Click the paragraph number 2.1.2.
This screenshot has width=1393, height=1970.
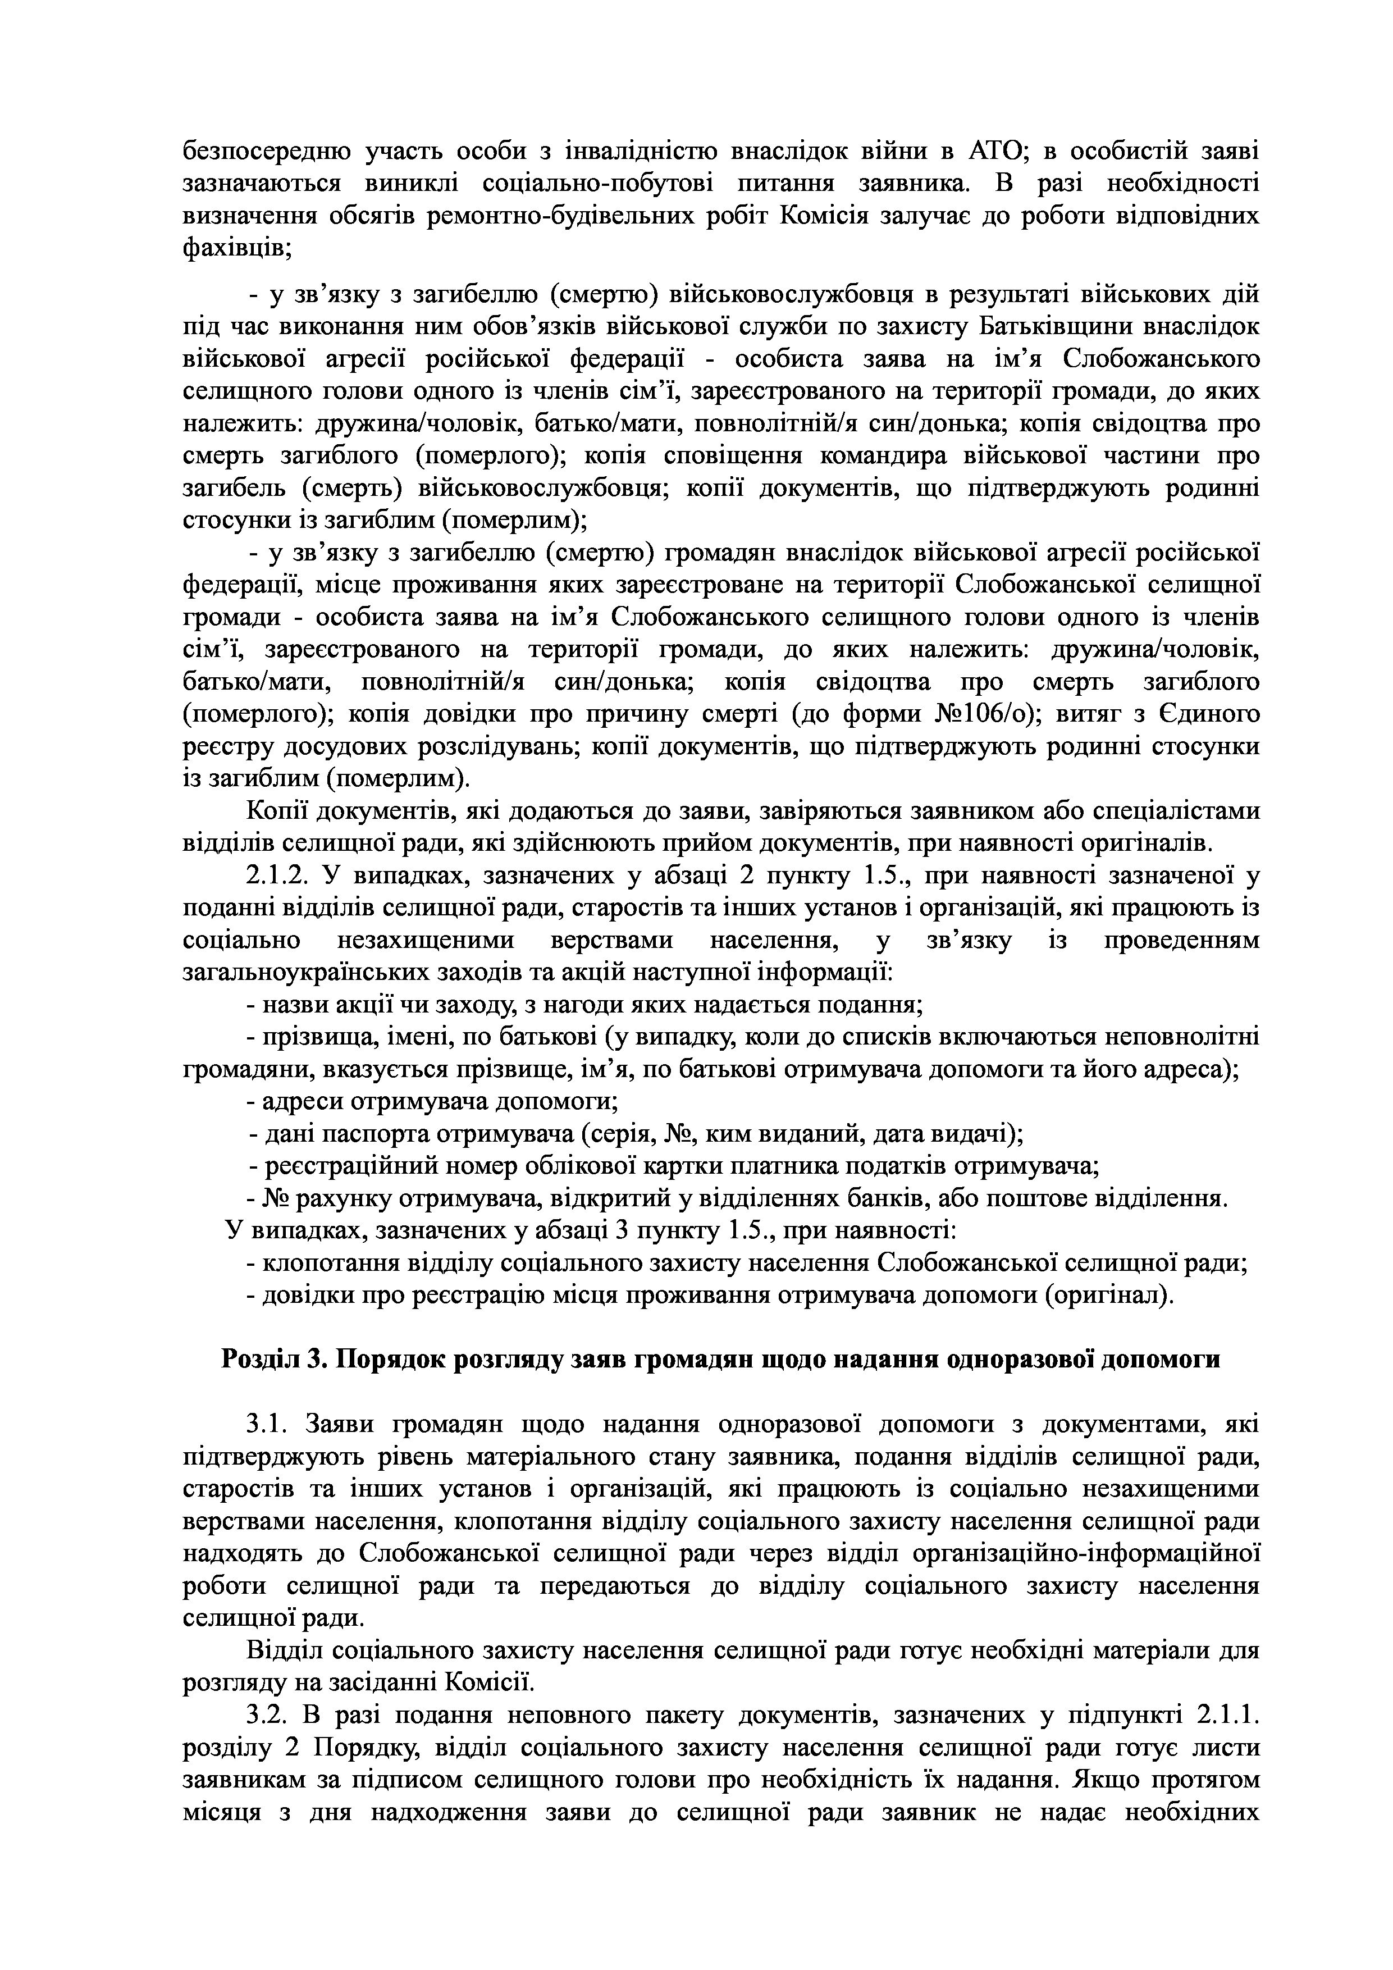click(x=276, y=876)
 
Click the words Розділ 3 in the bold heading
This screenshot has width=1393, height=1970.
click(x=270, y=1360)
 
